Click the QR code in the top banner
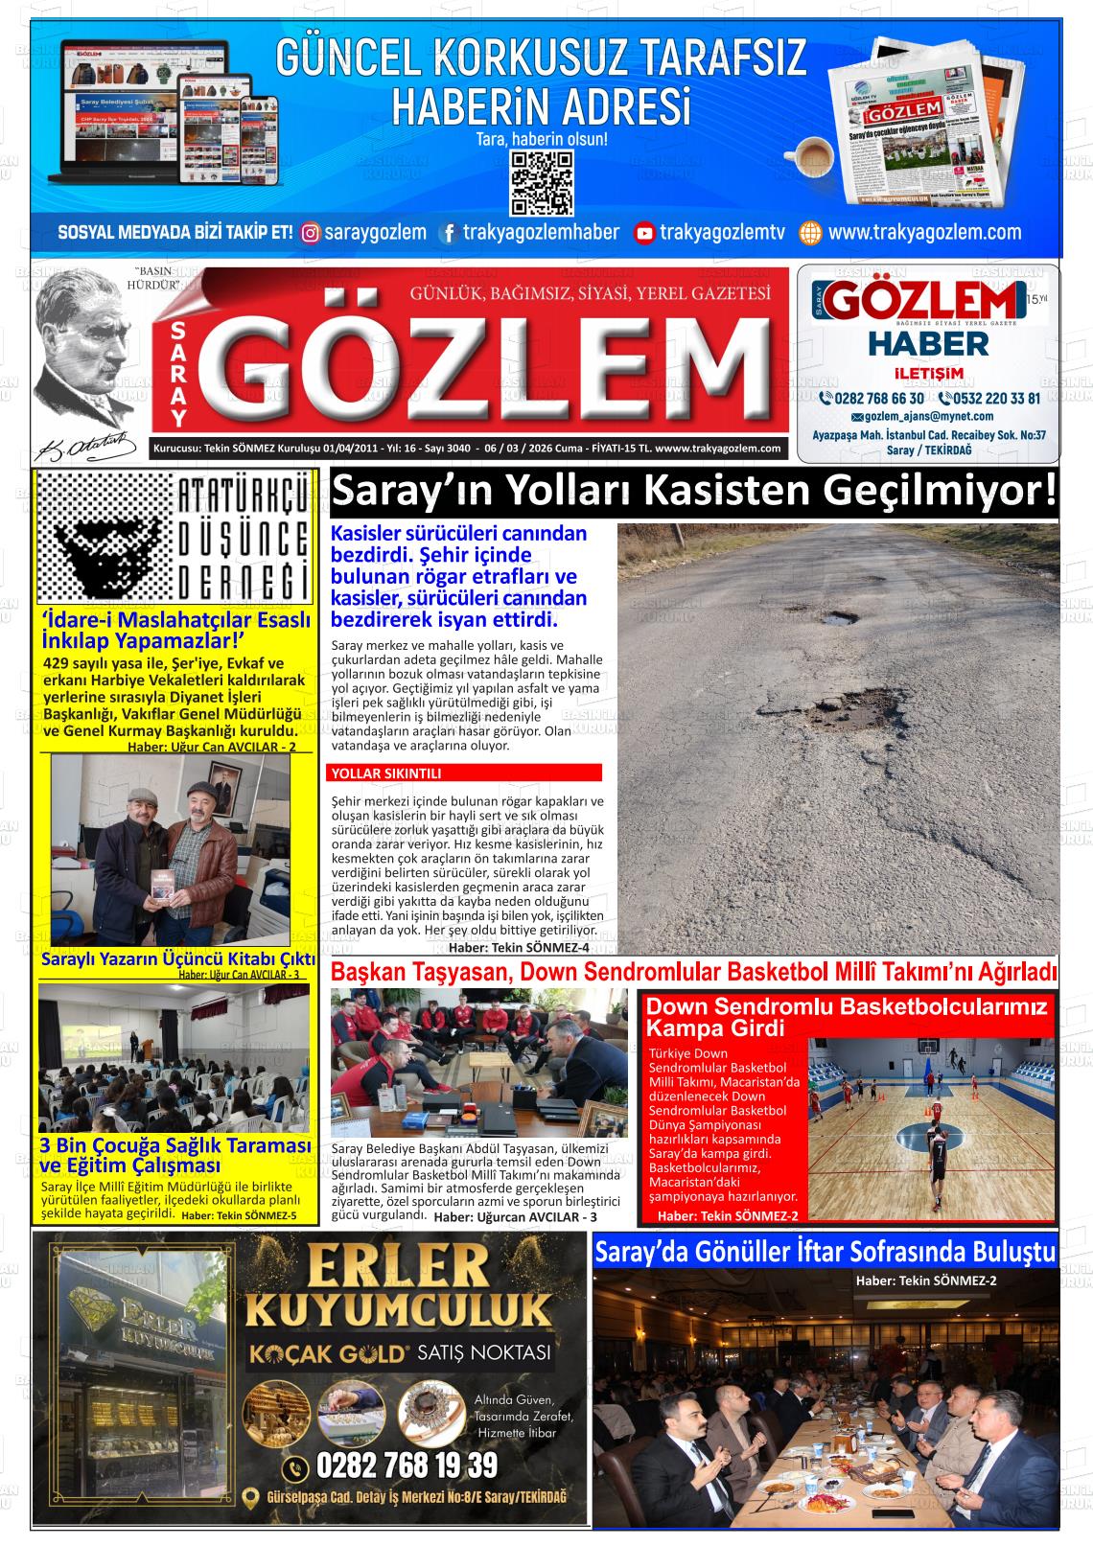542,182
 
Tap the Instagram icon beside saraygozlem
311,233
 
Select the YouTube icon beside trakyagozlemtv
644,233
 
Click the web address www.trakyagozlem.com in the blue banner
924,232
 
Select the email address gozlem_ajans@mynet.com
928,417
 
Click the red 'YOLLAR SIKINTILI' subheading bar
465,773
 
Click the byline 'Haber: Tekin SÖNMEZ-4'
519,947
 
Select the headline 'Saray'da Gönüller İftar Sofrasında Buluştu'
825,1252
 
